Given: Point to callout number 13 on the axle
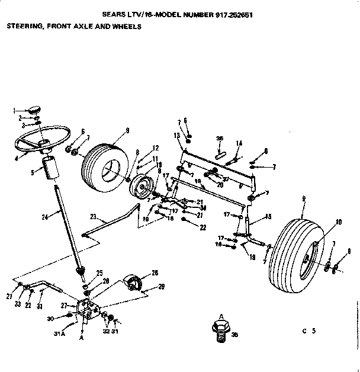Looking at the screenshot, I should (x=177, y=136).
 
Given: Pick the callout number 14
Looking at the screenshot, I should (x=239, y=143).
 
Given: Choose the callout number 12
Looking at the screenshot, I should (x=156, y=147).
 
